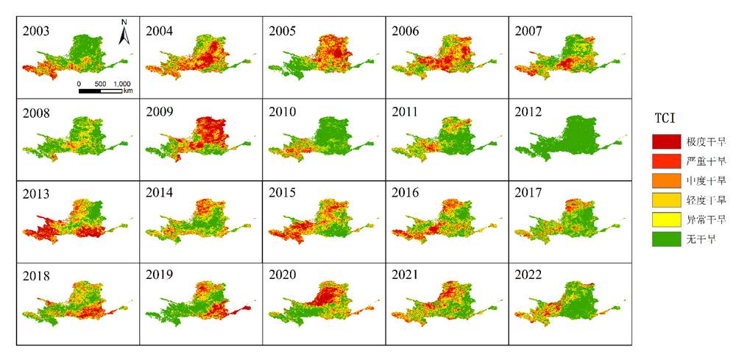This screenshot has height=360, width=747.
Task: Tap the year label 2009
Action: coord(159,113)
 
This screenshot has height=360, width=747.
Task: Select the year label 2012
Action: coord(528,113)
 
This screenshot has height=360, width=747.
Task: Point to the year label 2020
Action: coord(283,275)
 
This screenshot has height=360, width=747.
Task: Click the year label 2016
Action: coord(406,193)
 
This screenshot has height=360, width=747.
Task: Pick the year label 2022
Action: coord(528,275)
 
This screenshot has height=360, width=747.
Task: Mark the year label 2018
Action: coord(36,276)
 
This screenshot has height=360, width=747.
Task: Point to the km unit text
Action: coord(128,91)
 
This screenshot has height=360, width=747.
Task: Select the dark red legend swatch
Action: coord(666,141)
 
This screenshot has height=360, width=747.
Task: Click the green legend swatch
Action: coord(666,239)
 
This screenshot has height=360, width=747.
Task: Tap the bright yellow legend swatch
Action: coord(666,219)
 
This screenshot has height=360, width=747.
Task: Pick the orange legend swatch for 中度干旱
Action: coord(666,180)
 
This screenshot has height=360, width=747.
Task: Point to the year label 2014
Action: coord(159,193)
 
